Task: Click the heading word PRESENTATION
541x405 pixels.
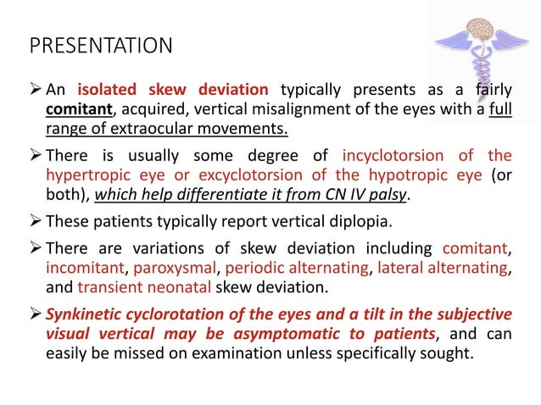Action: pyautogui.click(x=100, y=44)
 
